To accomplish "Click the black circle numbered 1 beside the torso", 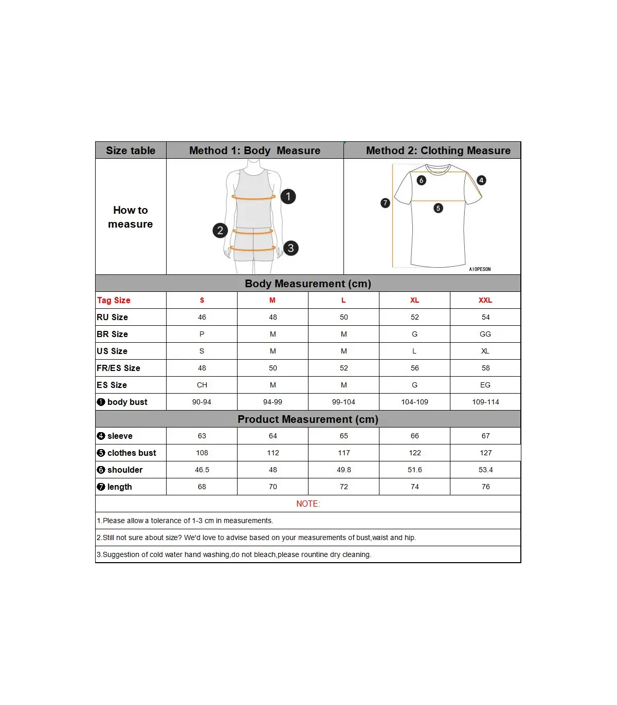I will point(288,196).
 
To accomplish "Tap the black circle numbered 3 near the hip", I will point(291,248).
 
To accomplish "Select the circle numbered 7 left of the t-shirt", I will point(385,203).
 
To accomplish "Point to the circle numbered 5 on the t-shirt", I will point(438,208).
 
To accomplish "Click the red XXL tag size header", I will point(485,300).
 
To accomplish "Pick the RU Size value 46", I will point(202,317).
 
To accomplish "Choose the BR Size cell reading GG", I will point(485,334).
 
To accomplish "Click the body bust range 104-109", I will point(414,402).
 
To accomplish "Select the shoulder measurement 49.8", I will point(343,470).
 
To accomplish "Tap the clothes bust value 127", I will point(485,453).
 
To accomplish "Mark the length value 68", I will point(202,487).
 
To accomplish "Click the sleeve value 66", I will point(414,436).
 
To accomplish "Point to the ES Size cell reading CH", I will point(202,385).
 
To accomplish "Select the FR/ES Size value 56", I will point(414,368).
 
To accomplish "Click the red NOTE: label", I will point(308,504).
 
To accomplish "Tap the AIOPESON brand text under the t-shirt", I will point(480,269).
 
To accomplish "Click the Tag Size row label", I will point(114,300).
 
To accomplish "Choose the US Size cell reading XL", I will point(485,351).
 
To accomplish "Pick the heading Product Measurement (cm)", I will point(307,419).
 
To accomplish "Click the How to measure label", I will point(131,217).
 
